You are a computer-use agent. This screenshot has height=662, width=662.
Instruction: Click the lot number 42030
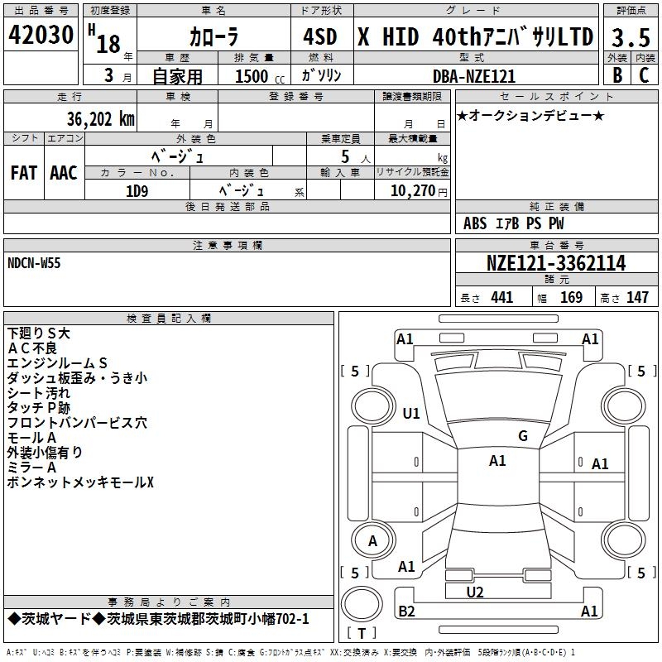pyautogui.click(x=41, y=35)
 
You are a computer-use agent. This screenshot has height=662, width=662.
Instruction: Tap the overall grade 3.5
pyautogui.click(x=631, y=37)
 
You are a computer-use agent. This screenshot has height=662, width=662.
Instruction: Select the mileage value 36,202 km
pyautogui.click(x=100, y=119)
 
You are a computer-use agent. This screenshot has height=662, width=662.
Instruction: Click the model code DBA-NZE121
pyautogui.click(x=474, y=76)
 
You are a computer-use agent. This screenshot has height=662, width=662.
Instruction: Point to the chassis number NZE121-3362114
pyautogui.click(x=556, y=263)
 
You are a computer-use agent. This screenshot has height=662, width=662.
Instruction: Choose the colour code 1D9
pyautogui.click(x=137, y=191)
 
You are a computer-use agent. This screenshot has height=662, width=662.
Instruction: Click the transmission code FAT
pyautogui.click(x=24, y=173)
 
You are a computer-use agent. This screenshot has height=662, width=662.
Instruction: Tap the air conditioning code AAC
pyautogui.click(x=64, y=173)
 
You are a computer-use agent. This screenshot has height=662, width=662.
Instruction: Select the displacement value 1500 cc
pyautogui.click(x=260, y=76)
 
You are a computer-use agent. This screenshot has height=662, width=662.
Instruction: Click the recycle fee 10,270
pyautogui.click(x=413, y=190)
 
